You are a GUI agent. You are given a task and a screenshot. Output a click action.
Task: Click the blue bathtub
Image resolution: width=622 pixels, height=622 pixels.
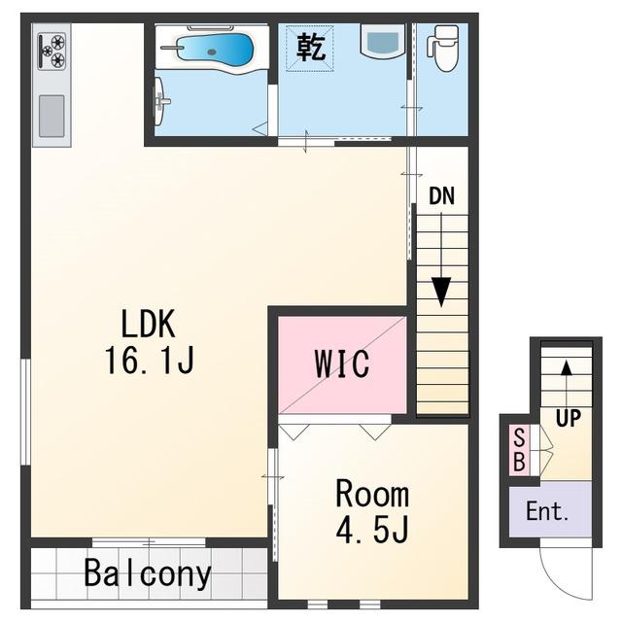pyautogui.click(x=214, y=49)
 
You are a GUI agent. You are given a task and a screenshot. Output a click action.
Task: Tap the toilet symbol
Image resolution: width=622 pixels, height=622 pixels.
pyautogui.click(x=443, y=48)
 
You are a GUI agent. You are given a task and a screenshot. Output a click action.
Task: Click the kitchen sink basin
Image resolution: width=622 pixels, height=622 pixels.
pyautogui.click(x=52, y=116)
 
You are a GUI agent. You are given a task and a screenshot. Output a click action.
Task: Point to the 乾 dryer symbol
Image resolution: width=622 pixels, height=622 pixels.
pyautogui.click(x=310, y=48)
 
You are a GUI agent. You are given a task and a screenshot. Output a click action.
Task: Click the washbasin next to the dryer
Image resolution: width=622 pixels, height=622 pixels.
pyautogui.click(x=383, y=42)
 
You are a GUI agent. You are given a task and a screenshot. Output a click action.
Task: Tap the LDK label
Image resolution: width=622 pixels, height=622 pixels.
pyautogui.click(x=148, y=324)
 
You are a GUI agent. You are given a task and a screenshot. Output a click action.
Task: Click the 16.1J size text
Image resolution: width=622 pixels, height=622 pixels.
pyautogui.click(x=149, y=360)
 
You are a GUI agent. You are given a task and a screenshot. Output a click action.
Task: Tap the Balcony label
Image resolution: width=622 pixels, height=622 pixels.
pyautogui.click(x=148, y=573)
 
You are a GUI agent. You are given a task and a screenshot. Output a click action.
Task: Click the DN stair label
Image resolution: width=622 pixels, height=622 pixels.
pyautogui.click(x=441, y=195)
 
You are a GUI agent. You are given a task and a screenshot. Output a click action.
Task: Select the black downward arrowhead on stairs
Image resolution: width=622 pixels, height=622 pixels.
pyautogui.click(x=441, y=292)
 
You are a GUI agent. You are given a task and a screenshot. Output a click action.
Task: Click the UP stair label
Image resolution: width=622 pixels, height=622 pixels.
pyautogui.click(x=568, y=417)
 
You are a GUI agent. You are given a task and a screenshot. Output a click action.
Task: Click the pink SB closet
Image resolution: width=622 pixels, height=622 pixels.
pyautogui.click(x=519, y=450)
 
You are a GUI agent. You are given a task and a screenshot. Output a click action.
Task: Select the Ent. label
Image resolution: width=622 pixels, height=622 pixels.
pyautogui.click(x=547, y=511)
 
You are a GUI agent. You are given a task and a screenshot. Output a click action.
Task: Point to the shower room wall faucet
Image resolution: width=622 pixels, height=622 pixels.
pyautogui.click(x=161, y=98)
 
